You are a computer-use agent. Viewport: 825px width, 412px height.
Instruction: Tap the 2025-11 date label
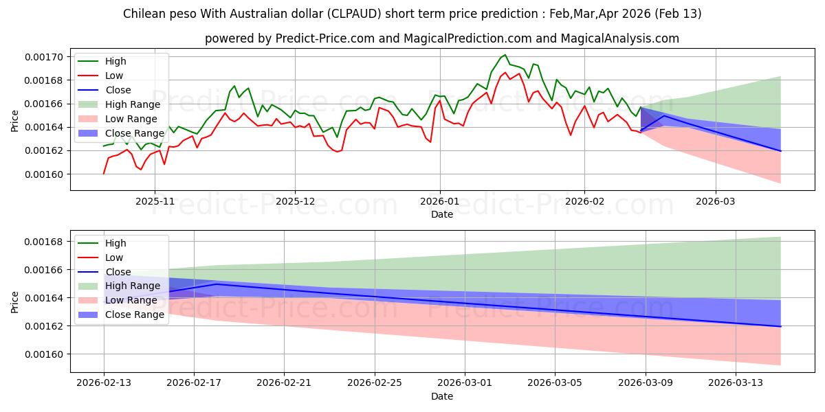pyautogui.click(x=155, y=202)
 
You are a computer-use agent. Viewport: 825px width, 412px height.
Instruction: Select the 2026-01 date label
pyautogui.click(x=439, y=202)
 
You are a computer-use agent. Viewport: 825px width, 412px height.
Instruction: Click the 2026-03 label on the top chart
pyautogui.click(x=716, y=202)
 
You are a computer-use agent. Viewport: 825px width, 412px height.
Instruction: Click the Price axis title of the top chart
pyautogui.click(x=15, y=121)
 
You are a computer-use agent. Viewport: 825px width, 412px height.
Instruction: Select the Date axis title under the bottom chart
pyautogui.click(x=441, y=396)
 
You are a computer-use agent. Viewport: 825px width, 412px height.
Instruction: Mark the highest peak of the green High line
pyautogui.click(x=505, y=55)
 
